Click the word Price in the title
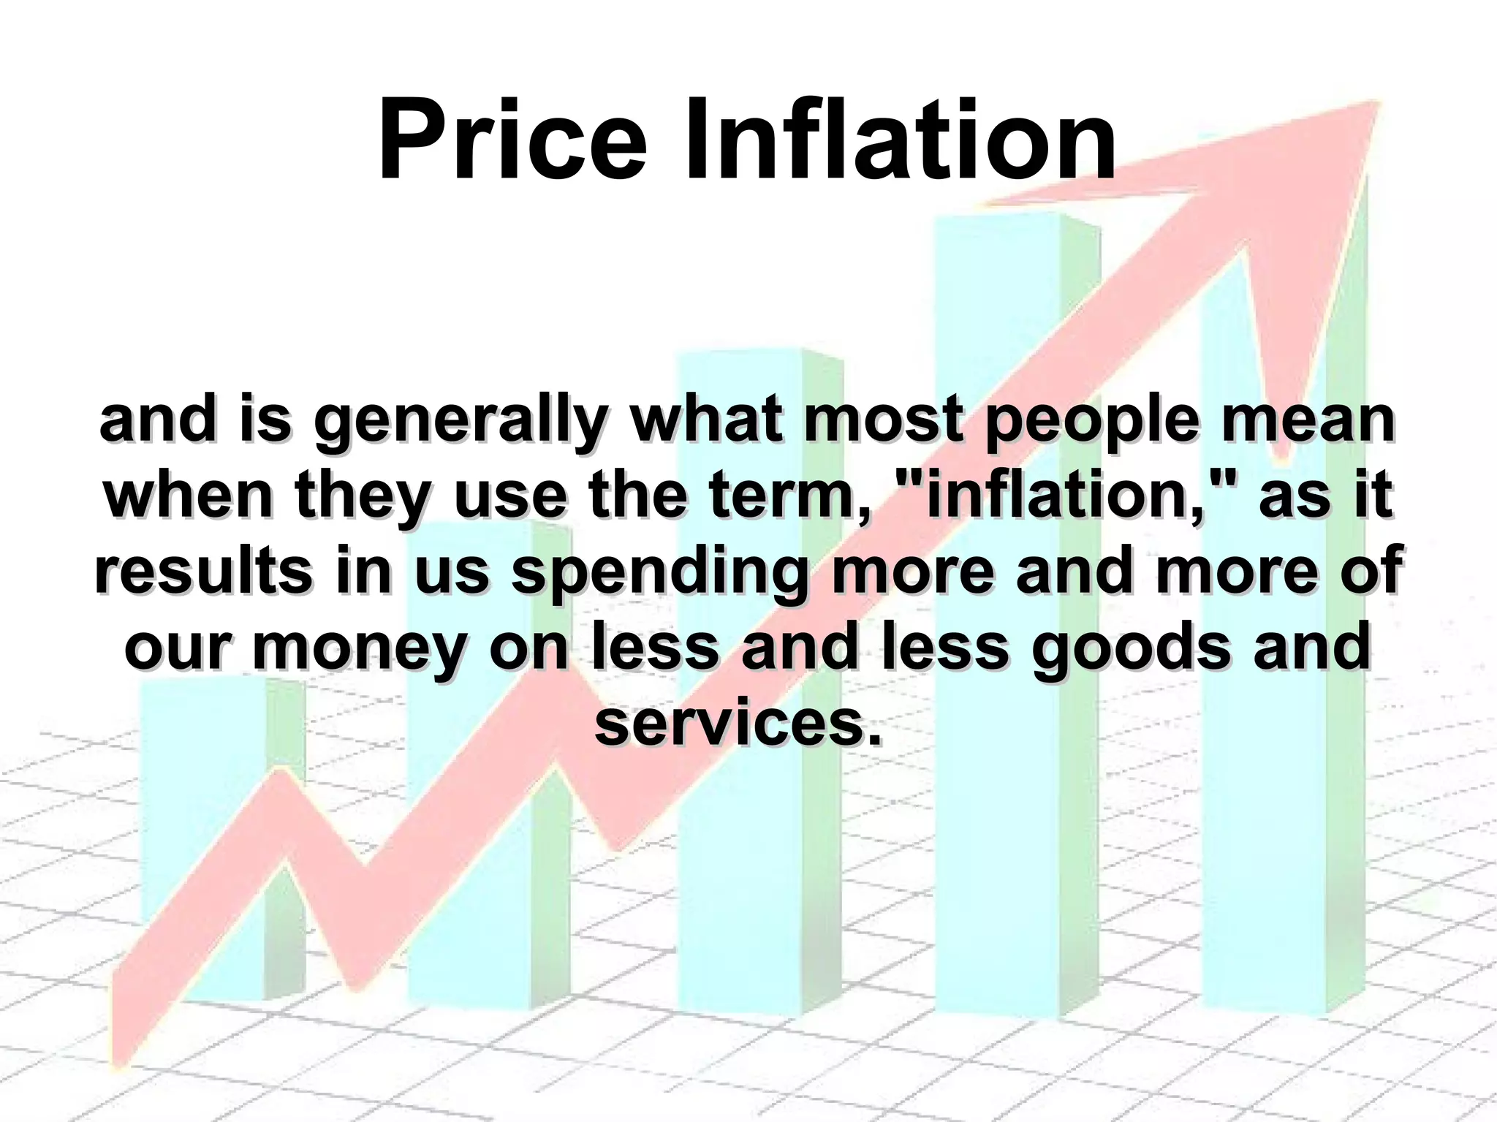[x=512, y=139]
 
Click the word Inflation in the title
[x=900, y=139]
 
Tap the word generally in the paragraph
[x=461, y=422]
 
